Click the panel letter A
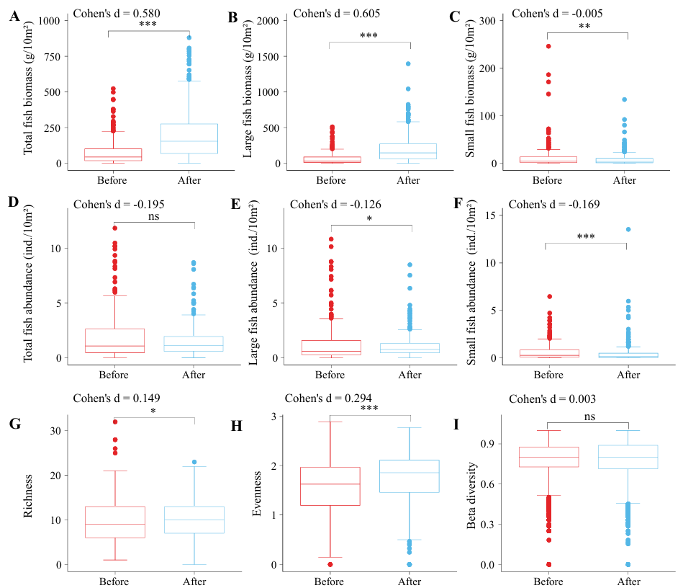tap(14, 17)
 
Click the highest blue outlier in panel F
tap(628, 229)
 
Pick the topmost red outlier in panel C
tap(548, 46)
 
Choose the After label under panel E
tap(410, 375)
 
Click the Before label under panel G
tap(114, 582)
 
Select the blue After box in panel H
tap(410, 476)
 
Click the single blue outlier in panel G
tap(194, 462)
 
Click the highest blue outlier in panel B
tap(408, 63)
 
